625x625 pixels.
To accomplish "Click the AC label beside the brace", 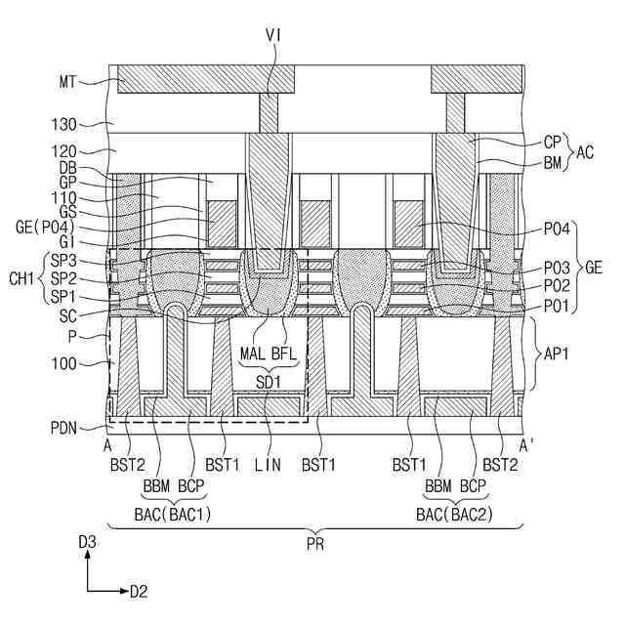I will coord(585,151).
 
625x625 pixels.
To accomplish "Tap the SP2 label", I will coord(63,278).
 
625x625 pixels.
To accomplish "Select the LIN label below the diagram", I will coord(267,466).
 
